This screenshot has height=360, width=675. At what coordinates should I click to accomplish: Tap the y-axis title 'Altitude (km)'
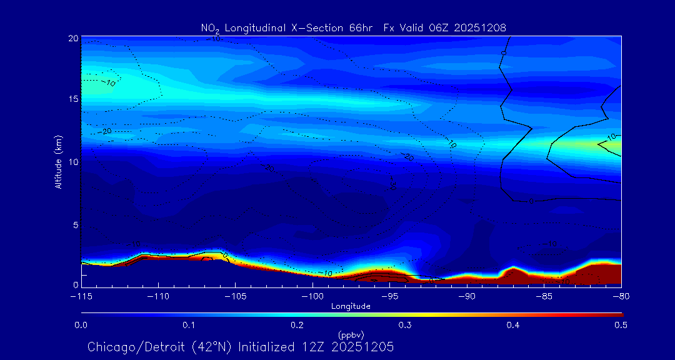59,162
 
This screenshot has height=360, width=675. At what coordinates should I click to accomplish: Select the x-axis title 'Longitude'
351,306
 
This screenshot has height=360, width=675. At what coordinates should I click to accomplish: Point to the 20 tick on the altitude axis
73,39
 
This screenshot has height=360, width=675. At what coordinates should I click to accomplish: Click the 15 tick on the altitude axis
73,100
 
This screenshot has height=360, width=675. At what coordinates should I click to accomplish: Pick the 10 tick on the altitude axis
73,162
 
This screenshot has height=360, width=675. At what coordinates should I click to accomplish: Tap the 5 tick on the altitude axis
75,224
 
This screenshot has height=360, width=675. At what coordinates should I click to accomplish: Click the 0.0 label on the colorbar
81,325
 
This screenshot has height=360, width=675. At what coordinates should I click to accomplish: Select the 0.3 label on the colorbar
405,325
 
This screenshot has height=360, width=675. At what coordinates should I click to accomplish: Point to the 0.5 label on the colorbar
621,325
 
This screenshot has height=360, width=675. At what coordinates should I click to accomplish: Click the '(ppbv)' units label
351,334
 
